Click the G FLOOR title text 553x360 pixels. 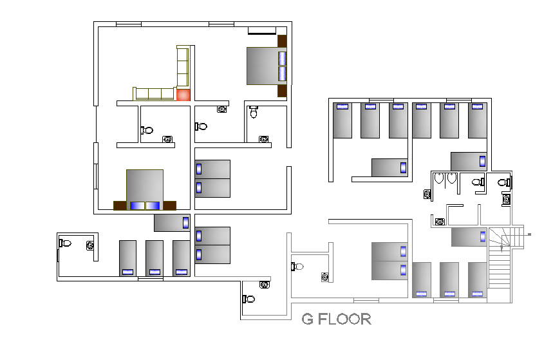point(337,319)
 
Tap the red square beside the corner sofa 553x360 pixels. point(183,95)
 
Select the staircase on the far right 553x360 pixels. point(500,264)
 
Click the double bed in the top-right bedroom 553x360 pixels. point(263,66)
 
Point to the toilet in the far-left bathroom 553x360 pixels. point(65,243)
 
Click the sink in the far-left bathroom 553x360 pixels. point(90,244)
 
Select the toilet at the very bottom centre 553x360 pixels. point(249,299)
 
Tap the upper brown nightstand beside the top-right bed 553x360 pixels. point(281,41)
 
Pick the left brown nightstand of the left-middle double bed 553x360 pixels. point(120,205)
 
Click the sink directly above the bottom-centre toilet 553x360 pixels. point(265,284)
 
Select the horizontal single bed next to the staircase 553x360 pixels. point(469,236)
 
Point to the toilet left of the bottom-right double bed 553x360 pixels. point(297,265)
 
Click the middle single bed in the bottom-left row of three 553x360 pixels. point(155,258)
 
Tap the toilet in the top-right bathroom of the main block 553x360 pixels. point(254,113)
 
